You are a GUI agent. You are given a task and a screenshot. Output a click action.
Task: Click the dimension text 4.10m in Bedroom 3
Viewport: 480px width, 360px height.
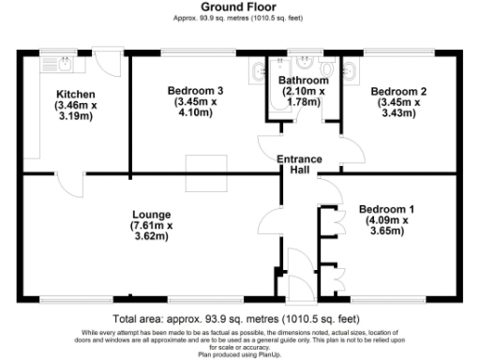pos(194,113)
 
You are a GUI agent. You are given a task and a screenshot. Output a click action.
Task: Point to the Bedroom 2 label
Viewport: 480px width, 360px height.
pos(398,91)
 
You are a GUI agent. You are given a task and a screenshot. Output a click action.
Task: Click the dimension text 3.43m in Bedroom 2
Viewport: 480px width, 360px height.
pos(398,113)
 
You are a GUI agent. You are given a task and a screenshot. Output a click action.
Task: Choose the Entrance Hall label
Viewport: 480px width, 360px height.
pos(300,165)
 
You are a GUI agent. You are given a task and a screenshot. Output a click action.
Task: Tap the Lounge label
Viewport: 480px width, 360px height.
pos(151,213)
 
